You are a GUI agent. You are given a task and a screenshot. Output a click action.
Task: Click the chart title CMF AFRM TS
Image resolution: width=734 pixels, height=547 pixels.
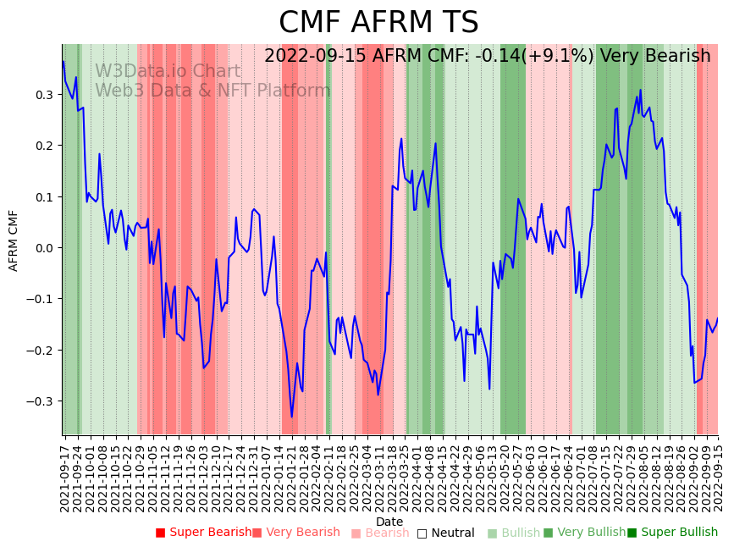point(378,23)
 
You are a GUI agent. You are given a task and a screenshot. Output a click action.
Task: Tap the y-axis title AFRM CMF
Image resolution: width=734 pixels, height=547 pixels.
point(14,240)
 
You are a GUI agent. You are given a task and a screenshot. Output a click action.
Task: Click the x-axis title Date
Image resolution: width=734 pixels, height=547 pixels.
point(389,522)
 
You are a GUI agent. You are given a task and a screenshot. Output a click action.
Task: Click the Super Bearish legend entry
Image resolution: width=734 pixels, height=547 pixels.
point(203,533)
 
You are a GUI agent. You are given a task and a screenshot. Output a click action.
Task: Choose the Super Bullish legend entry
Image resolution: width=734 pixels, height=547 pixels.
point(672,533)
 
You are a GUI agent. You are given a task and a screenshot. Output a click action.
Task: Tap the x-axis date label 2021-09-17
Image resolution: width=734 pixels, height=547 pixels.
point(65,475)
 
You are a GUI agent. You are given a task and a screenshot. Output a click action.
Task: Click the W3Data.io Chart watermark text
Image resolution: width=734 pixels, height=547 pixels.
point(168,71)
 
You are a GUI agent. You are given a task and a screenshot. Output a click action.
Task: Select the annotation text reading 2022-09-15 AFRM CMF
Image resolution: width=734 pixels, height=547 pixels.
point(381,56)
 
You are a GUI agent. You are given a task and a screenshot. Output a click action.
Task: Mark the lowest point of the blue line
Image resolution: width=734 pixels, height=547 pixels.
point(291,417)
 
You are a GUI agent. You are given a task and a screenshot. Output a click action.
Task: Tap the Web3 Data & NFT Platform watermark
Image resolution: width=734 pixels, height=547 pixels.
point(212,91)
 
